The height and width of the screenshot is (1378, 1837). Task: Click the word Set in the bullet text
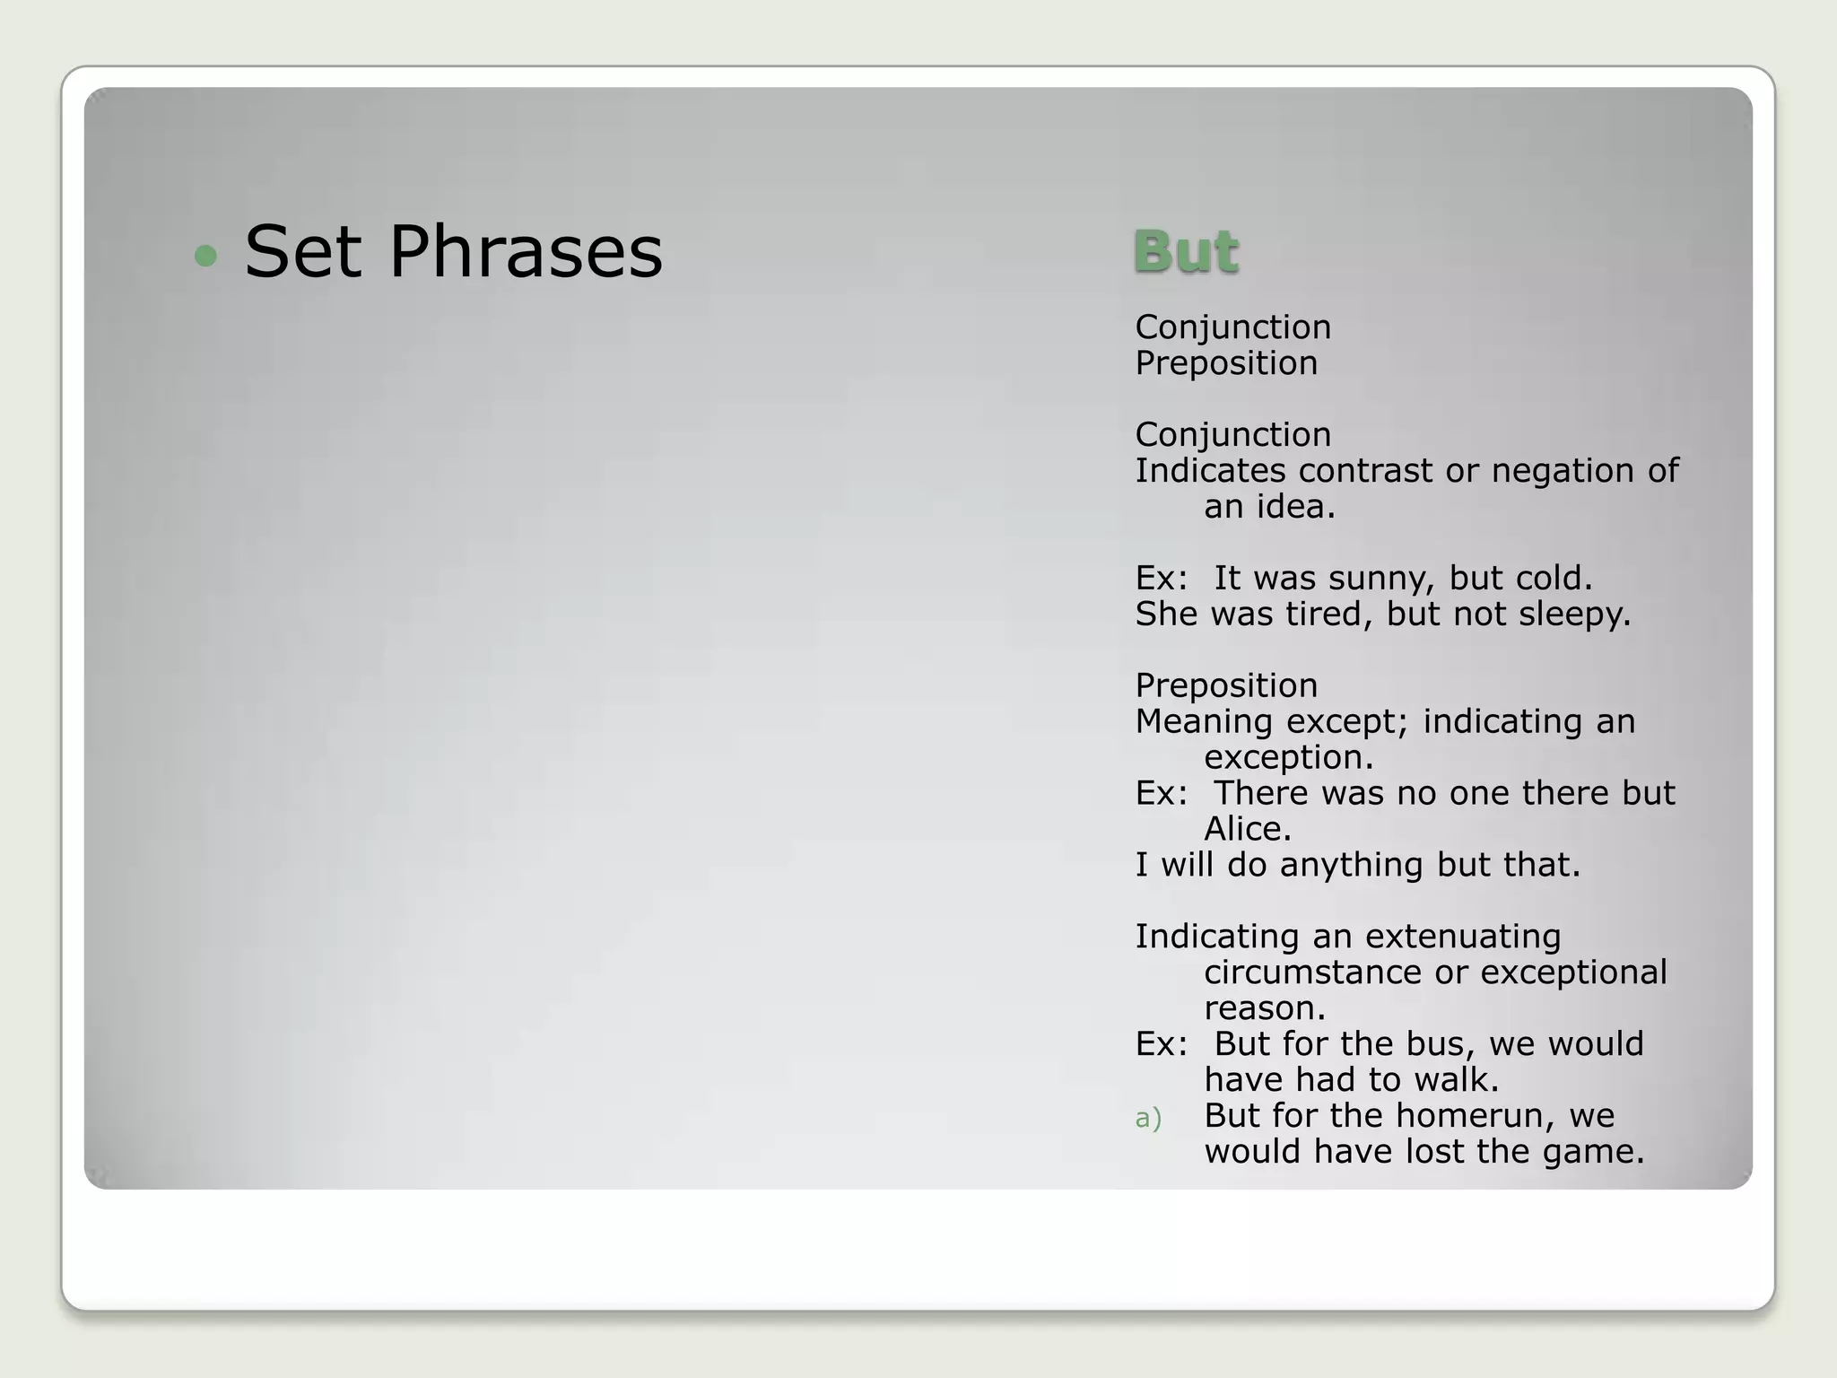click(x=302, y=252)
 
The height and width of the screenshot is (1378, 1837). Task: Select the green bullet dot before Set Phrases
click(x=205, y=257)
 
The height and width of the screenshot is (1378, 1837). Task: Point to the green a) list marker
click(x=1148, y=1118)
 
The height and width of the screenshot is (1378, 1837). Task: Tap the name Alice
click(x=1247, y=829)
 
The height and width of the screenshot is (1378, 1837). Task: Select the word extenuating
click(x=1463, y=937)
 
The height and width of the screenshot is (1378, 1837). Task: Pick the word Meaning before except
click(x=1204, y=721)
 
